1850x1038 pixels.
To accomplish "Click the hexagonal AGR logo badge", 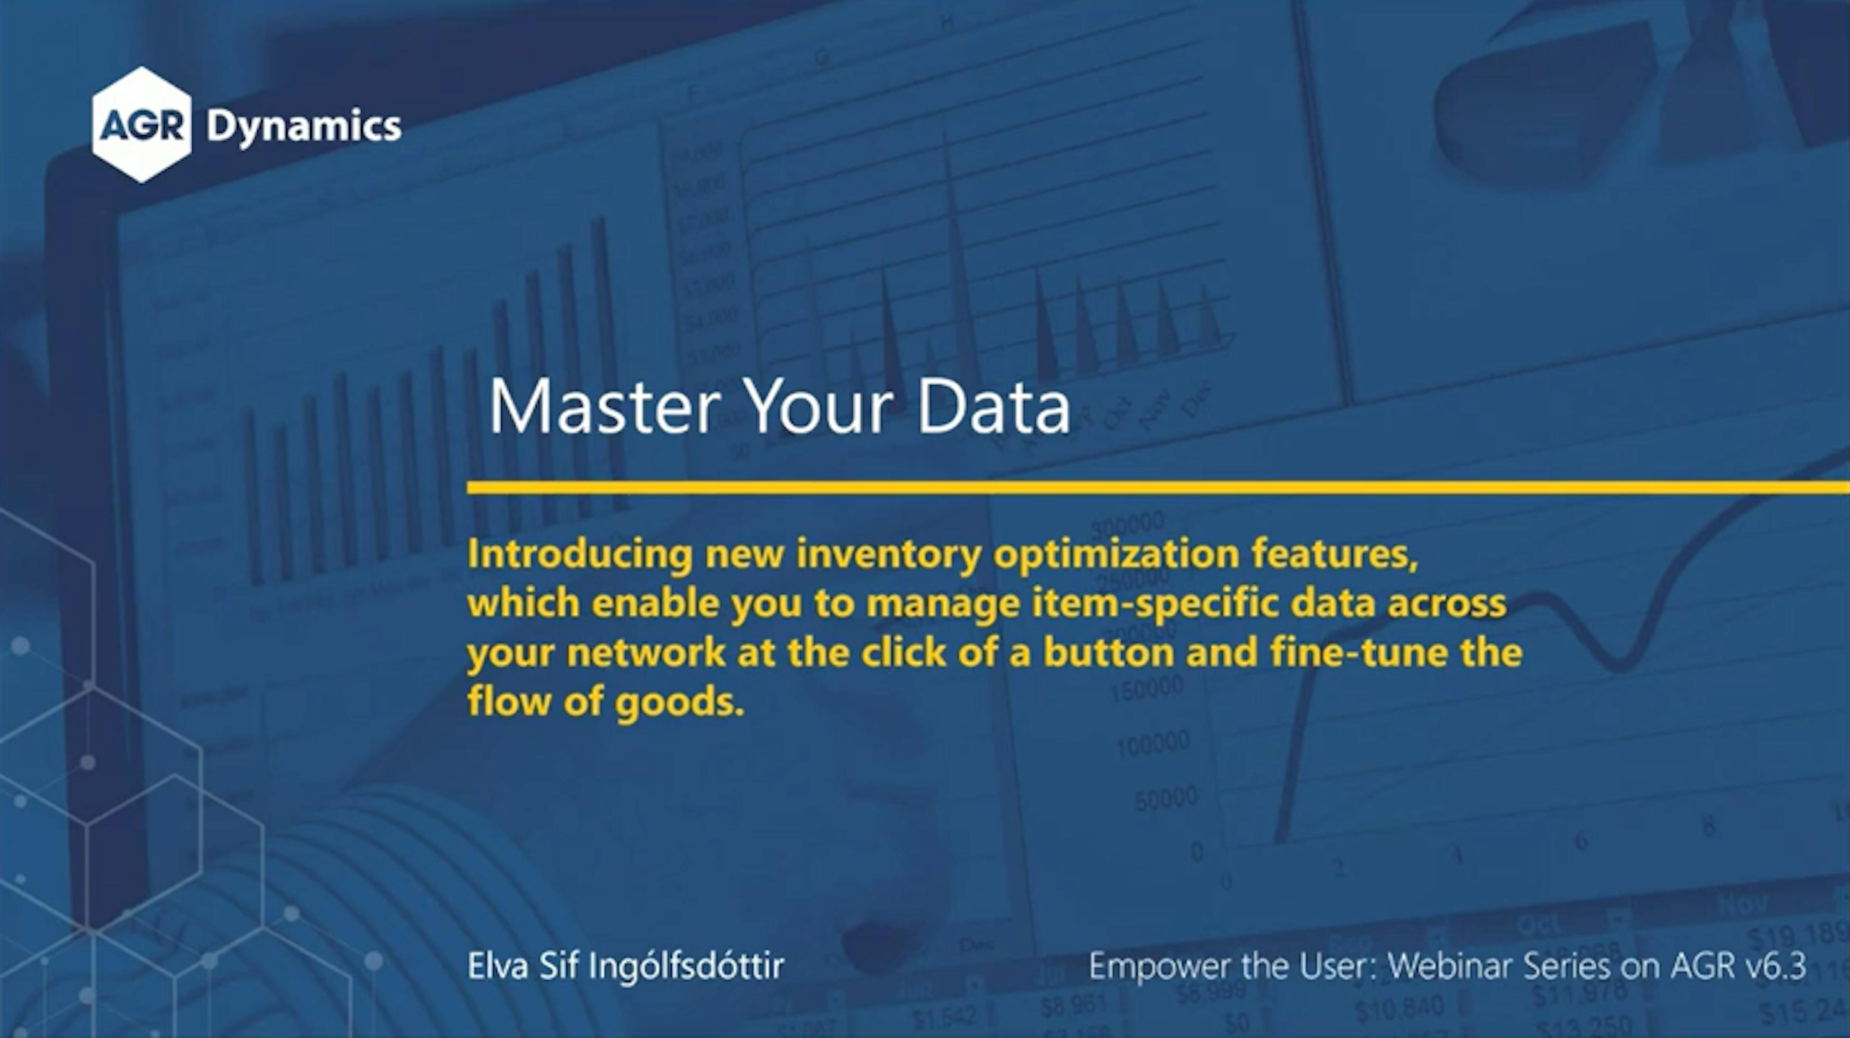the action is [x=142, y=124].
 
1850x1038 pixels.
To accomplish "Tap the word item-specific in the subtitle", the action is [x=1155, y=604].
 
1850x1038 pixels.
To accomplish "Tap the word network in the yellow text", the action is [x=645, y=652].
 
